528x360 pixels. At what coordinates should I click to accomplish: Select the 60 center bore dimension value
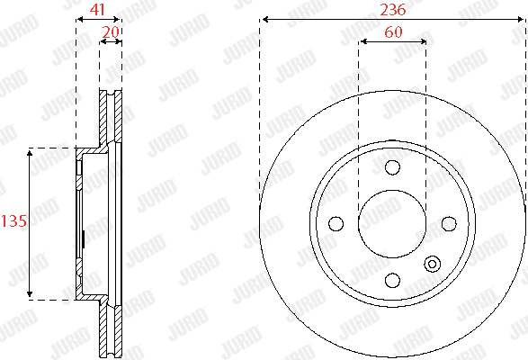392,32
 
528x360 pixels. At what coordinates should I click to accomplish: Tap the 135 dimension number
12,221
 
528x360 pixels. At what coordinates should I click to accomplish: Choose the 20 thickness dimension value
111,32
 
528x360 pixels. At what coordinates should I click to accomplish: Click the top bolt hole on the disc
392,167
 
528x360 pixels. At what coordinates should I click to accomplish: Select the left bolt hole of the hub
336,223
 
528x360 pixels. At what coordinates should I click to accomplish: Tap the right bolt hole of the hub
449,223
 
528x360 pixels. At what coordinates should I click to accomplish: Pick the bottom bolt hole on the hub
392,280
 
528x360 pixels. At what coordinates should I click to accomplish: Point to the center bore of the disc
392,223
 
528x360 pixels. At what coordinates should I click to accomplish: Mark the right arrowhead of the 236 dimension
523,19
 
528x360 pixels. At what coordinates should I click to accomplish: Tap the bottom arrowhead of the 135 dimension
31,294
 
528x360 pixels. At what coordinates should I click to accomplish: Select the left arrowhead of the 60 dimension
362,41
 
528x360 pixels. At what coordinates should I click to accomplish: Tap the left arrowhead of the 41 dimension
79,19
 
